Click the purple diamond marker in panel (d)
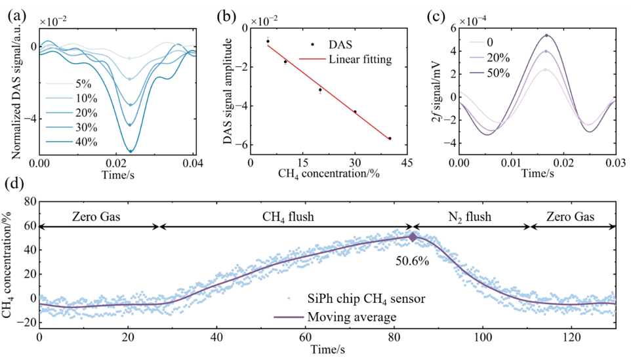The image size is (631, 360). pos(413,237)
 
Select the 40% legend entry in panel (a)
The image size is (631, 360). pos(71,142)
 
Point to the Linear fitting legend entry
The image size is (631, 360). pos(345,59)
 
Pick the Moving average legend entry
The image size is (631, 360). pos(335,317)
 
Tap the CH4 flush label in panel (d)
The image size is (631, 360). pos(288,217)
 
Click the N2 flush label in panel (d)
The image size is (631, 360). pos(470,217)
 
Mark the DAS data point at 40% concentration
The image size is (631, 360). pos(390,138)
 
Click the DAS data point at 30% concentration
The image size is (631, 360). pos(355,112)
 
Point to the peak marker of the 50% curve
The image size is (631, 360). pos(546,36)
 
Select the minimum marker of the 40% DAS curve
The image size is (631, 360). pos(131,151)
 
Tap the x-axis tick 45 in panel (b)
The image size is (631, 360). pos(407,163)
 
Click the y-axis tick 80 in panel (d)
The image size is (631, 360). pos(30,202)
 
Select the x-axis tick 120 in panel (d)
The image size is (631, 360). pos(572,336)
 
